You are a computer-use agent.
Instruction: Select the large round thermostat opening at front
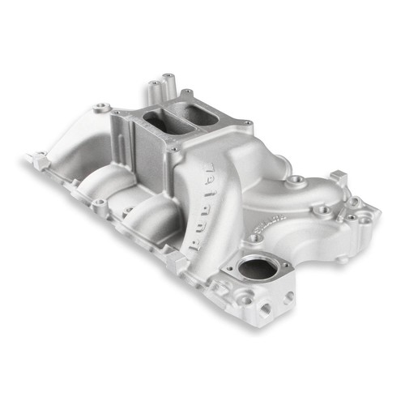257,270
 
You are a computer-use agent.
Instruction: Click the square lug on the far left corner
40,161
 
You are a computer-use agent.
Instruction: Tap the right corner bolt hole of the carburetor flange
244,123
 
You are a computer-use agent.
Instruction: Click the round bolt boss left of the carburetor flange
101,107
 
